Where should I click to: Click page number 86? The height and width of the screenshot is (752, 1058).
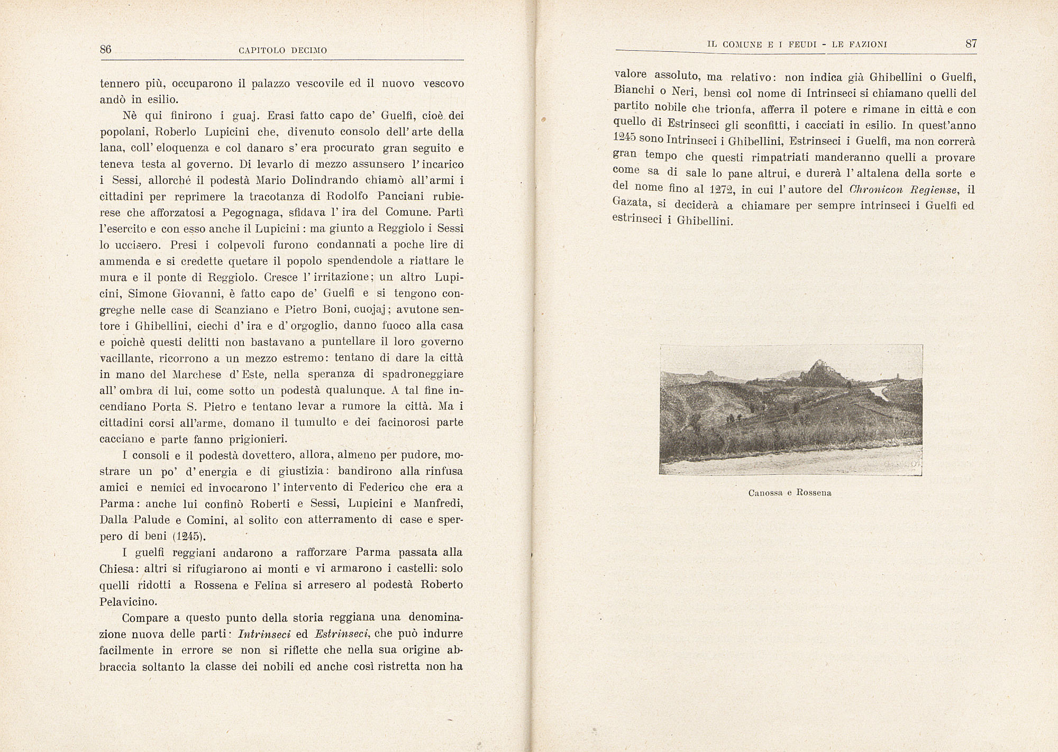click(105, 50)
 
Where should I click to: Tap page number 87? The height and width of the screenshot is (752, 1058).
click(971, 44)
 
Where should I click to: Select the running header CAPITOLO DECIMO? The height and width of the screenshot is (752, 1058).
click(283, 51)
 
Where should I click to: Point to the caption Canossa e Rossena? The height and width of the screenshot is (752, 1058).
click(790, 493)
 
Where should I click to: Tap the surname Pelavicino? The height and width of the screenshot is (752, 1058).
click(128, 601)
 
